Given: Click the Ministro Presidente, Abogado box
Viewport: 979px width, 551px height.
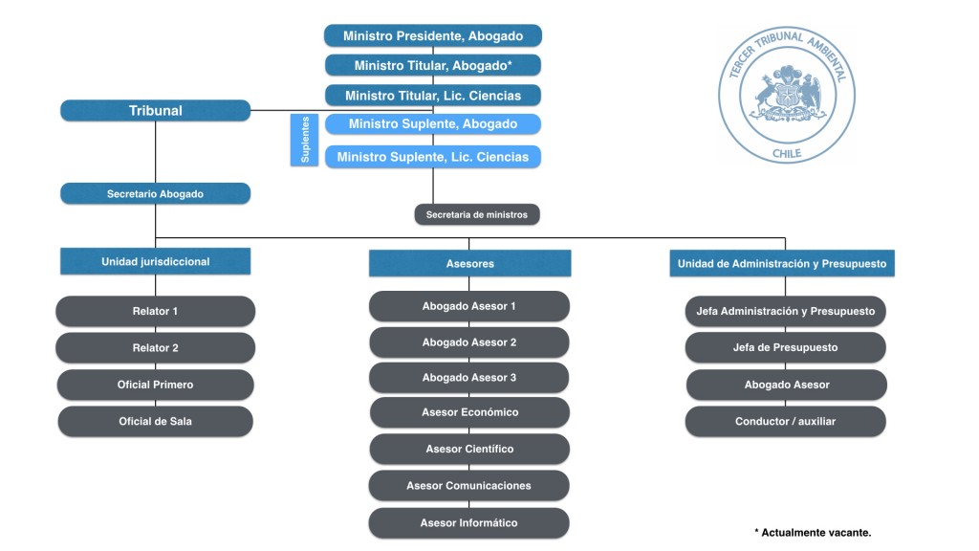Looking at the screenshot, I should tap(433, 36).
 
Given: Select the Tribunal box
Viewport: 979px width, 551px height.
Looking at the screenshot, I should tap(156, 111).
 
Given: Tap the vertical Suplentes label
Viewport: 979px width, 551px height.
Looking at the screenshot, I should tap(305, 141).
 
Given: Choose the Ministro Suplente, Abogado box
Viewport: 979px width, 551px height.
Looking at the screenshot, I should tap(433, 124).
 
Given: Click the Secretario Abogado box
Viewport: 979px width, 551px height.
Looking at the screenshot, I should tap(156, 194).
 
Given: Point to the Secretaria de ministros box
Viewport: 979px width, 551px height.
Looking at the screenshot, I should tap(476, 215).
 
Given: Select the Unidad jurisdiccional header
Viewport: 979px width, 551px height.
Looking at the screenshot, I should tap(156, 261).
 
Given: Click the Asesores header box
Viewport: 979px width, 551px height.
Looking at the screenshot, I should tap(469, 263).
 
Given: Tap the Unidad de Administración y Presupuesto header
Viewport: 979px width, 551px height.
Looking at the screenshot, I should tap(782, 263).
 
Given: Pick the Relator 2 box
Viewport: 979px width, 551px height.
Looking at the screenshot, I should tap(156, 348).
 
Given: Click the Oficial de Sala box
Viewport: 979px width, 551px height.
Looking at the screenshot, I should tap(156, 421).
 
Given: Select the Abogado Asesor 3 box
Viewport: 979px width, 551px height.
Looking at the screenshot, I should tap(469, 378).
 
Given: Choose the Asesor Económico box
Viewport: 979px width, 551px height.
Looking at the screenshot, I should tap(469, 412).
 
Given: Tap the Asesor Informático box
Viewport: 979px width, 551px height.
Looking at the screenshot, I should tap(469, 523).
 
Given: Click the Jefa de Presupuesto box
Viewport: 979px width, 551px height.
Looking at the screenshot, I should tap(786, 348).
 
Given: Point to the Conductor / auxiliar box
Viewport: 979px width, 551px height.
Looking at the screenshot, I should tap(786, 421).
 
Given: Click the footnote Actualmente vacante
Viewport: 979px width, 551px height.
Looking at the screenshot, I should tap(813, 533).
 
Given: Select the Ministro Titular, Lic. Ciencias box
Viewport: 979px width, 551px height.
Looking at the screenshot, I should tap(433, 96).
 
